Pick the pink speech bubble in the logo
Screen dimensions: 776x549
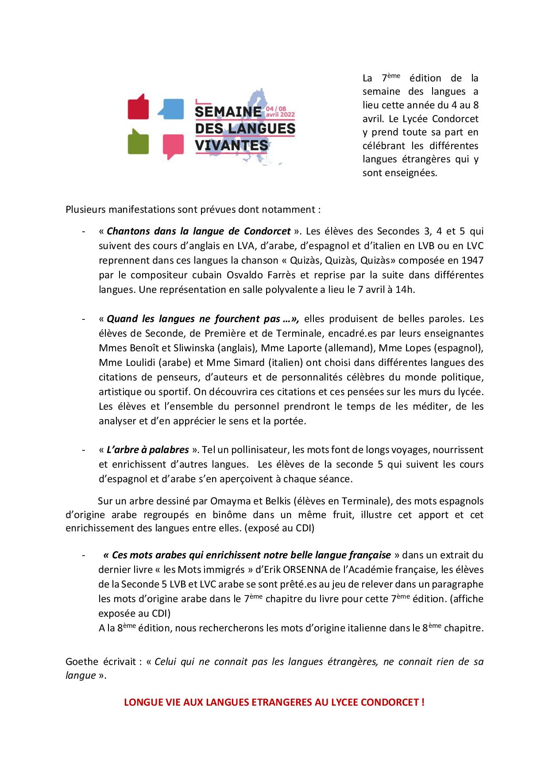click(173, 145)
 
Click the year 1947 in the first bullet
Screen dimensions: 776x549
click(472, 260)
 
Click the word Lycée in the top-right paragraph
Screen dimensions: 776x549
click(414, 119)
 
